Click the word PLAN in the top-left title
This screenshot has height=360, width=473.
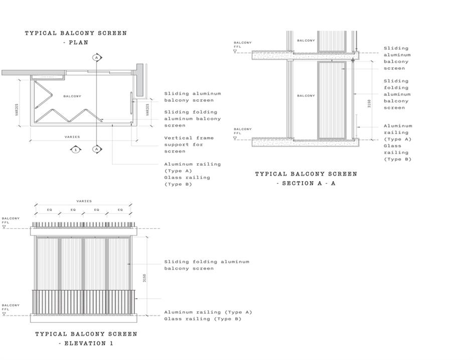[78, 43]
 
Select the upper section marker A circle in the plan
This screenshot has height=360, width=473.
[96, 57]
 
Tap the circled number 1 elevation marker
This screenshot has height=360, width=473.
[76, 150]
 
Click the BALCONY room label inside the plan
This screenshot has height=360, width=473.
[72, 96]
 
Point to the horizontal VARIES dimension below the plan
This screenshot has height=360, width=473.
[72, 137]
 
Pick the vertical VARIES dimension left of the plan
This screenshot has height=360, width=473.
[17, 109]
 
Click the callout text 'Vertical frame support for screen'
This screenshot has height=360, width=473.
[189, 145]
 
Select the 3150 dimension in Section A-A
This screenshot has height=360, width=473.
[369, 103]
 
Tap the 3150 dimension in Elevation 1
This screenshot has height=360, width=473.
[144, 278]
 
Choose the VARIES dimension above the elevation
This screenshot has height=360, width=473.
[84, 201]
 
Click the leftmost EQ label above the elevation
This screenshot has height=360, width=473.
[50, 209]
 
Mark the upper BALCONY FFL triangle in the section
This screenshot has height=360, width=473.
[235, 51]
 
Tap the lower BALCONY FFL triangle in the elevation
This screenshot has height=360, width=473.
[4, 314]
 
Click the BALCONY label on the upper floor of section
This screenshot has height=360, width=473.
[305, 41]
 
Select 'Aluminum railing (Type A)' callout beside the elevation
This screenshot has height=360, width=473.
[208, 312]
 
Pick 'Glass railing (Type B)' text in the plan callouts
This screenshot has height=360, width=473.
[187, 181]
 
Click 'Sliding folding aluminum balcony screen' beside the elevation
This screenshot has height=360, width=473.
[207, 265]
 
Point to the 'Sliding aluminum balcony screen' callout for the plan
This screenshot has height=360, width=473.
[193, 97]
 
